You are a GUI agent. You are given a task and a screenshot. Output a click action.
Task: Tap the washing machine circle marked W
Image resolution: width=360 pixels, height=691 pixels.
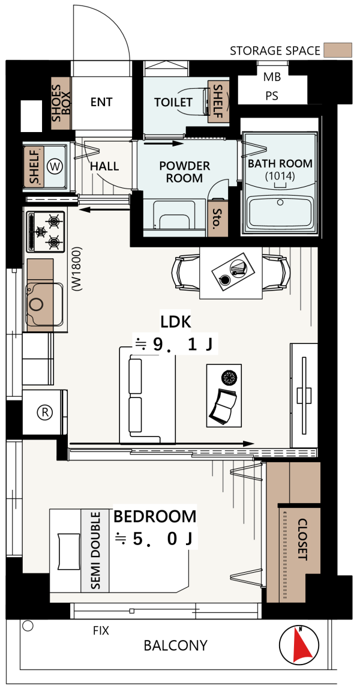click(55, 166)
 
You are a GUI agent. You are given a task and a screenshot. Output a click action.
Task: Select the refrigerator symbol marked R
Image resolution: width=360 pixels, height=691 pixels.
click(44, 412)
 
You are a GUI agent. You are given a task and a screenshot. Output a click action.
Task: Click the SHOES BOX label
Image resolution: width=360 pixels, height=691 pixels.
click(61, 104)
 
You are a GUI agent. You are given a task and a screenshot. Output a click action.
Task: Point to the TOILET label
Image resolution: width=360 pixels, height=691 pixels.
click(173, 102)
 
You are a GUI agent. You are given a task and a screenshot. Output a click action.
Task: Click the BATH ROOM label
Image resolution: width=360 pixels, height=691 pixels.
click(280, 163)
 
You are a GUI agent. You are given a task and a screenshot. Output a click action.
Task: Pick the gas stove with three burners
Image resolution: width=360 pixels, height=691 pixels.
click(46, 231)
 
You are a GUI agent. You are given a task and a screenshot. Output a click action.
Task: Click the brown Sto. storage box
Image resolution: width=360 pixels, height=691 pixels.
click(217, 217)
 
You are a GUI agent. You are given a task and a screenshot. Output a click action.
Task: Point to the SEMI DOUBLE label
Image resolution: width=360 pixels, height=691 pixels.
click(95, 551)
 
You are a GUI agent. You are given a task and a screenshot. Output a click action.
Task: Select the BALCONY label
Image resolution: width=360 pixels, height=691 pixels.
click(175, 645)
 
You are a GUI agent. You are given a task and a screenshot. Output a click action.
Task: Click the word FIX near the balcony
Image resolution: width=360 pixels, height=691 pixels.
click(101, 630)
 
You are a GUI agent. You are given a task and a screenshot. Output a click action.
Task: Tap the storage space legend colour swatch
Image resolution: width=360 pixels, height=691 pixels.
click(338, 50)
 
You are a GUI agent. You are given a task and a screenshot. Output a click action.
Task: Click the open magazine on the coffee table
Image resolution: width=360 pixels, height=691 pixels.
click(223, 408)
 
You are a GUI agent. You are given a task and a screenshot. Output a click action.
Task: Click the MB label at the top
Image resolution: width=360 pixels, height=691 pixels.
click(272, 77)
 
